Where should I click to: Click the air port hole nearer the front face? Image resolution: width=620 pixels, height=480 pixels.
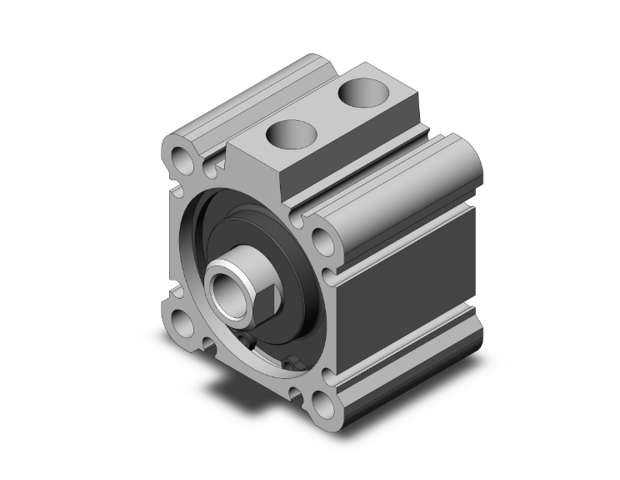click(288, 134)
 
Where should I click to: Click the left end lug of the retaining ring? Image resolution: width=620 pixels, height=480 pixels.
click(249, 341)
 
